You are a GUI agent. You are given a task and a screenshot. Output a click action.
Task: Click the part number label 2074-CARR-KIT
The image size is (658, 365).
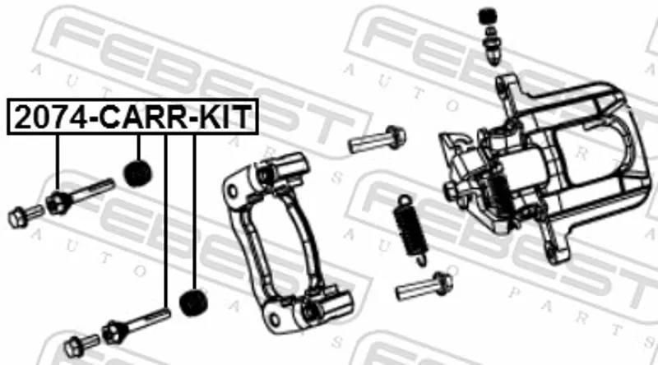click(x=132, y=117)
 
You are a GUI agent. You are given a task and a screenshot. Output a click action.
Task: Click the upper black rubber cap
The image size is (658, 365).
click(x=137, y=173)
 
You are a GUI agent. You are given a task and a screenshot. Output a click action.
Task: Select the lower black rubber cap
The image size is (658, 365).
click(x=193, y=302)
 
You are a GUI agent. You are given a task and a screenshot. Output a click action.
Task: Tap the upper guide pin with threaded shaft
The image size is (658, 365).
click(x=80, y=196)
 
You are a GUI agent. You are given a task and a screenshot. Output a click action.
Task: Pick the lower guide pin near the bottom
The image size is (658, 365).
click(x=137, y=326)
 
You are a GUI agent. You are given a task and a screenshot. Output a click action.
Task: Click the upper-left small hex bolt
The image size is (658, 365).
click(x=25, y=216)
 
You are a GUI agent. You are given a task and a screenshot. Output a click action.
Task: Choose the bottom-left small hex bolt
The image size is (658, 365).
click(x=81, y=345)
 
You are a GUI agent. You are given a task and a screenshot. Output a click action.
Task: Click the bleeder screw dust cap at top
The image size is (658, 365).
click(x=488, y=17)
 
